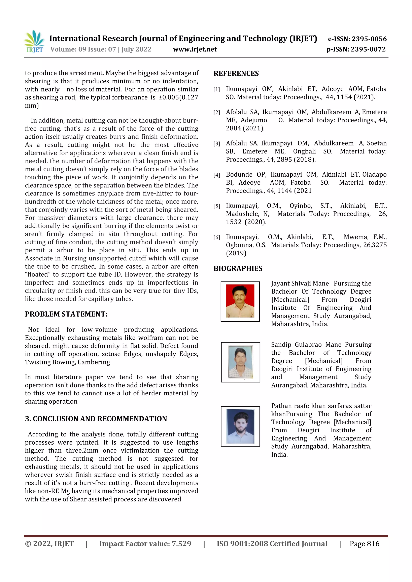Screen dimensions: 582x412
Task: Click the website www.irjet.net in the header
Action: click(x=195, y=49)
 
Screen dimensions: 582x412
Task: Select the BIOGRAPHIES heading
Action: click(x=238, y=268)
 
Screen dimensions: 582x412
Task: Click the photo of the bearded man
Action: click(x=240, y=426)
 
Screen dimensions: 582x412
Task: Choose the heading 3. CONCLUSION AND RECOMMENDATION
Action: click(x=96, y=419)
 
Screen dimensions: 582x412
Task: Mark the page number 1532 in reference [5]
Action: click(x=234, y=222)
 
